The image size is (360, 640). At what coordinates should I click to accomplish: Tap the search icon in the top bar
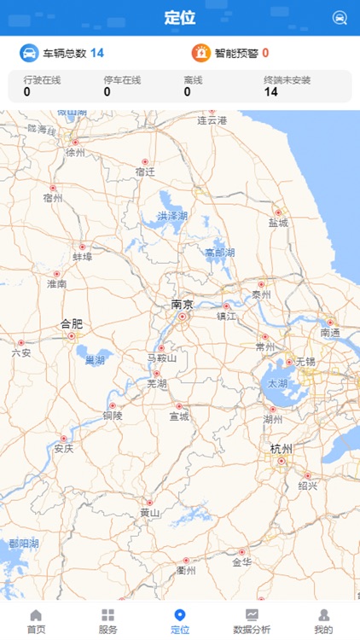[x=340, y=18]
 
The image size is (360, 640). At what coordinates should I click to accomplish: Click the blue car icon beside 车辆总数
[x=30, y=53]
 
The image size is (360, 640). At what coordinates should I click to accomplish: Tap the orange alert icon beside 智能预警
[x=201, y=53]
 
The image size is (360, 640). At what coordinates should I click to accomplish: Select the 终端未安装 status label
[x=287, y=80]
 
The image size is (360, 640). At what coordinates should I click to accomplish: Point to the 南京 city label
[x=182, y=304]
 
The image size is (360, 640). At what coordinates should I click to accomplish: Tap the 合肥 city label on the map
[x=72, y=323]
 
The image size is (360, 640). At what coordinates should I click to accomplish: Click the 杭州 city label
[x=281, y=449]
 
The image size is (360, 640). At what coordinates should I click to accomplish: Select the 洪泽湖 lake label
[x=171, y=216]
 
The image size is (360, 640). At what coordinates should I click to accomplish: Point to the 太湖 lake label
[x=278, y=384]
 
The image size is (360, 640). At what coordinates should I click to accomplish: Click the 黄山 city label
[x=150, y=513]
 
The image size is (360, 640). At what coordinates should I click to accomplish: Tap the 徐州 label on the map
[x=76, y=154]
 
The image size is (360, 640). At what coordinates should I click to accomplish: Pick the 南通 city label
[x=330, y=333]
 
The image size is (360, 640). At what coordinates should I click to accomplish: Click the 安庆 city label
[x=63, y=448]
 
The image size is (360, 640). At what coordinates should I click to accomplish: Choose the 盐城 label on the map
[x=278, y=223]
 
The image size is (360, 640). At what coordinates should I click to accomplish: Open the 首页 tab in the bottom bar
[x=36, y=621]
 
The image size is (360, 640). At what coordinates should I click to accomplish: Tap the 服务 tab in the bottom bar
[x=107, y=621]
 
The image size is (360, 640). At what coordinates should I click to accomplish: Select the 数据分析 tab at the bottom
[x=252, y=621]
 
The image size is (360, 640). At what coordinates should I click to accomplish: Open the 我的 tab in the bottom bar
[x=323, y=621]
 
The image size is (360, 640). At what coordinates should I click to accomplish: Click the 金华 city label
[x=241, y=563]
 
